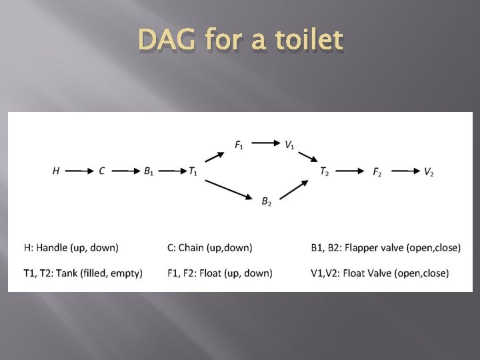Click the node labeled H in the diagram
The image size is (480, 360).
pyautogui.click(x=56, y=171)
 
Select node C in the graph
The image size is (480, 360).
pyautogui.click(x=101, y=171)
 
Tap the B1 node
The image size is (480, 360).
pyautogui.click(x=149, y=171)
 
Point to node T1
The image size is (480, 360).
pyautogui.click(x=193, y=171)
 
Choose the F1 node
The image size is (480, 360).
pyautogui.click(x=239, y=144)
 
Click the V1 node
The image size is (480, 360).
pyautogui.click(x=290, y=144)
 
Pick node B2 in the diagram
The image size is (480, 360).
pyautogui.click(x=266, y=201)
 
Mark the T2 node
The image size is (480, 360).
pyautogui.click(x=324, y=171)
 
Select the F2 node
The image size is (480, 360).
pyautogui.click(x=377, y=171)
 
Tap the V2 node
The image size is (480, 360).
pyautogui.click(x=429, y=171)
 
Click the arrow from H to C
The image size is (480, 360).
pyautogui.click(x=79, y=171)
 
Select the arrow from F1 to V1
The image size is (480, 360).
pyautogui.click(x=265, y=143)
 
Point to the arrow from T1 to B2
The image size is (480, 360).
pyautogui.click(x=228, y=187)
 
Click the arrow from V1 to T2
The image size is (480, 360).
pyautogui.click(x=308, y=157)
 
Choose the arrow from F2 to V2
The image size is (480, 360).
pyautogui.click(x=403, y=171)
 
